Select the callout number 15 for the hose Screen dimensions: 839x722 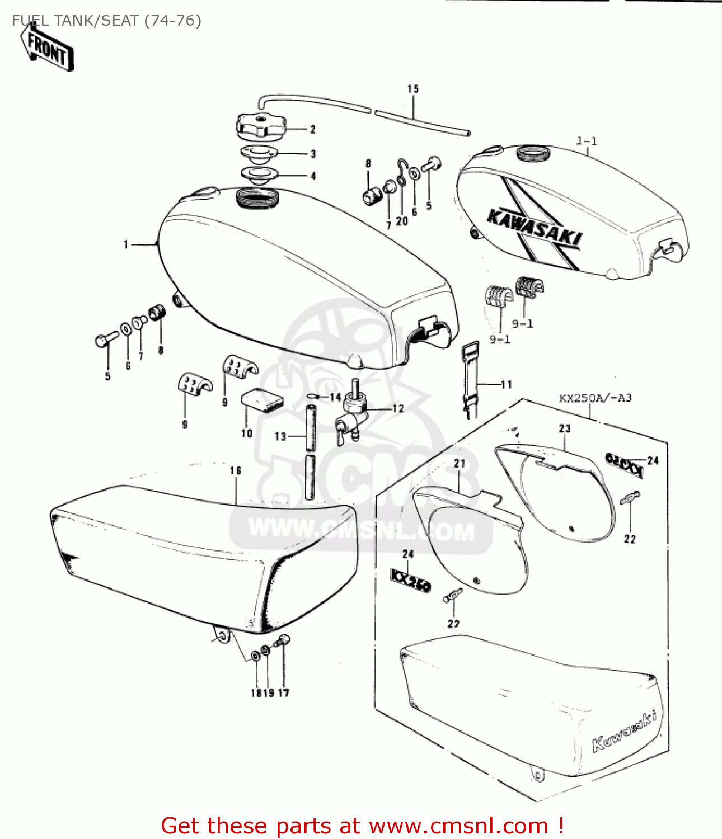[412, 89]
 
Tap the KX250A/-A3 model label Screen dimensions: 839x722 [595, 398]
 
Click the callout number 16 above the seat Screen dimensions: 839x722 [236, 471]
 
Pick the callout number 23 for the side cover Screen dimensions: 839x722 [564, 428]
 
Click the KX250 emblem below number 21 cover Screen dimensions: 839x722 [410, 580]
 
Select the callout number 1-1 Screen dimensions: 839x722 [587, 142]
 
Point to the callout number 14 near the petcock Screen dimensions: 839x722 [335, 397]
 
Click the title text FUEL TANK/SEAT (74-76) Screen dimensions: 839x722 [106, 21]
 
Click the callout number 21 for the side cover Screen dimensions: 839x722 [460, 464]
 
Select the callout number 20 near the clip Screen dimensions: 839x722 [402, 221]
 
